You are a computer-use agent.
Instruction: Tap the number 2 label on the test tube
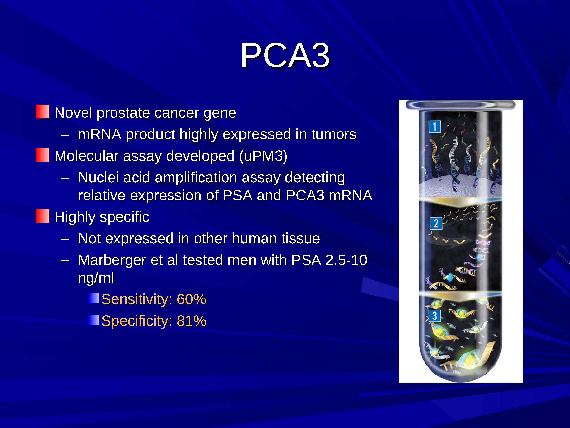436,223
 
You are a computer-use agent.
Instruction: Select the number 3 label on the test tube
435,316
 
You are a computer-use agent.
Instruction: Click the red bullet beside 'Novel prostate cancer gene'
42,111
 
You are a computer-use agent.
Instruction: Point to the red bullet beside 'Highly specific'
42,216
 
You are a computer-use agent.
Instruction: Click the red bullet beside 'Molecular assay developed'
42,155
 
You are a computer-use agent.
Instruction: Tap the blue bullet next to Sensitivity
94,298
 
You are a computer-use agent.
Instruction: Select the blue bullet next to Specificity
94,320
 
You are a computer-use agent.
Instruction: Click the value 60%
192,299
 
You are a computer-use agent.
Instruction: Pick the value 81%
192,321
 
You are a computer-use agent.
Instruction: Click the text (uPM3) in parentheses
263,156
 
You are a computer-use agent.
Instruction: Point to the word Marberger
112,260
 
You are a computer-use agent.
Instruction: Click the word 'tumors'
334,134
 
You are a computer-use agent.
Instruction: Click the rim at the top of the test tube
460,105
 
